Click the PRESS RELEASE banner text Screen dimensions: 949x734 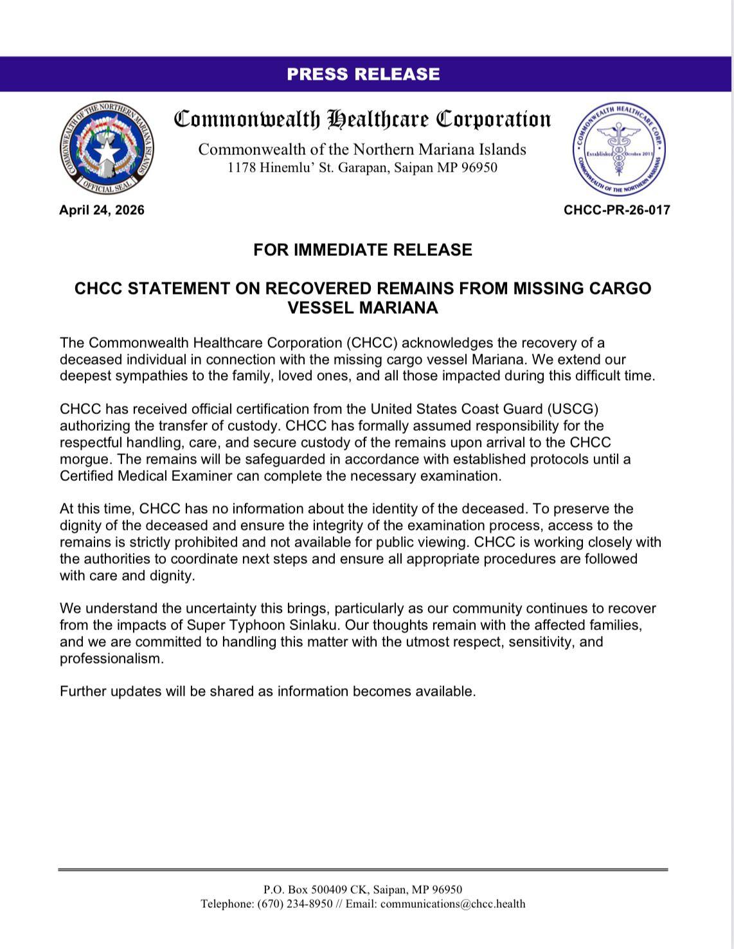tap(363, 75)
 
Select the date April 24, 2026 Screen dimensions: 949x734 tap(102, 210)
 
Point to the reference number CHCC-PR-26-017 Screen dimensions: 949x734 tap(616, 210)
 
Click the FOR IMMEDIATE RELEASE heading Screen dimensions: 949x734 tap(363, 249)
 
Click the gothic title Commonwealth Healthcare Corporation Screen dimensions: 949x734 tap(363, 120)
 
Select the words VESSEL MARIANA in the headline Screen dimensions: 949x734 tap(363, 308)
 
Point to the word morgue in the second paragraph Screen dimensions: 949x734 tap(86, 459)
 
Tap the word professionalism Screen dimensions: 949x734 tap(111, 658)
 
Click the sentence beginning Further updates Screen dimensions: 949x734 tap(267, 691)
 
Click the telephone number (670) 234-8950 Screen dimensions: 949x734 tap(295, 904)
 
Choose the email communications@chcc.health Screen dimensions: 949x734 tap(452, 904)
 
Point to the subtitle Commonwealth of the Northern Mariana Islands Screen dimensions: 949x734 tap(362, 150)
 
